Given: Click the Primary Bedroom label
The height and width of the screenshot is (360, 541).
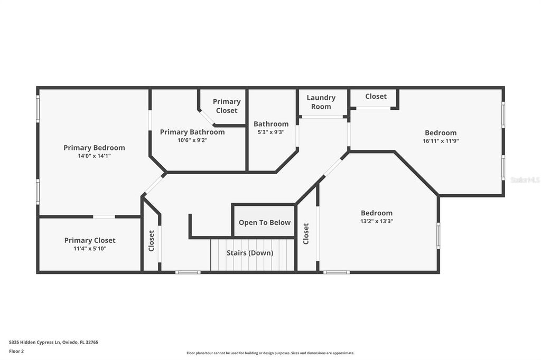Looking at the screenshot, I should tap(94, 148).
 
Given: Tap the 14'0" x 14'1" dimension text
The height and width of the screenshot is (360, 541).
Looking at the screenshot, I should tap(94, 156).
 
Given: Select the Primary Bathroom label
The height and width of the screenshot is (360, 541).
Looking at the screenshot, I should tap(192, 132).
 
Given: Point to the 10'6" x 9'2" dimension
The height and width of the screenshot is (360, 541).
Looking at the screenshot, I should tap(192, 140).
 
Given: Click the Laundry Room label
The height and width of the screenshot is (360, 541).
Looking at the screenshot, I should tap(321, 102).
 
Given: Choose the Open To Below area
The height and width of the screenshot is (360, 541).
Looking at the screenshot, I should tap(264, 222).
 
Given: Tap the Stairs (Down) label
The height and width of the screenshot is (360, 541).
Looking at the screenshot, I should tap(250, 253).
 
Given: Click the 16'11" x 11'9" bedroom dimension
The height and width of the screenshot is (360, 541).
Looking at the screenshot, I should tap(441, 141).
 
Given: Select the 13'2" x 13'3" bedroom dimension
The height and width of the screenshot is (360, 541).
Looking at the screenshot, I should tap(376, 221).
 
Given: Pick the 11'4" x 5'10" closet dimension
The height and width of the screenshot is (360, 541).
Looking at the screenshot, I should tap(90, 249).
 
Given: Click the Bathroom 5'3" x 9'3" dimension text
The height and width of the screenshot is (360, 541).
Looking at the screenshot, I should tap(271, 132).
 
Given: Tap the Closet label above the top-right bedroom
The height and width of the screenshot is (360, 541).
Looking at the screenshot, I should tap(376, 97).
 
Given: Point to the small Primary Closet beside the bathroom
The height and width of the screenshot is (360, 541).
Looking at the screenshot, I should tap(227, 106).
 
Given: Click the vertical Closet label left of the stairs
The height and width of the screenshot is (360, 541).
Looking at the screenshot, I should tap(152, 241).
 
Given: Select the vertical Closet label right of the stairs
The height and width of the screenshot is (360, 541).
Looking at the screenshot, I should tap(306, 234).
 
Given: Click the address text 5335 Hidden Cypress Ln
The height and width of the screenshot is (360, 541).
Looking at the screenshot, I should tap(53, 342).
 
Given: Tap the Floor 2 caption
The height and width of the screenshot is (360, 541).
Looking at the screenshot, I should tap(17, 351).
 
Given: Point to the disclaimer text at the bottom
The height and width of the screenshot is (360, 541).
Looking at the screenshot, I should tap(270, 353).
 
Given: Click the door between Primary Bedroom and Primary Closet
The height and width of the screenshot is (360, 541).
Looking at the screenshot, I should tap(104, 216).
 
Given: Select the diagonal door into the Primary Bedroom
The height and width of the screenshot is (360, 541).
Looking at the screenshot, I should tap(154, 185).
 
